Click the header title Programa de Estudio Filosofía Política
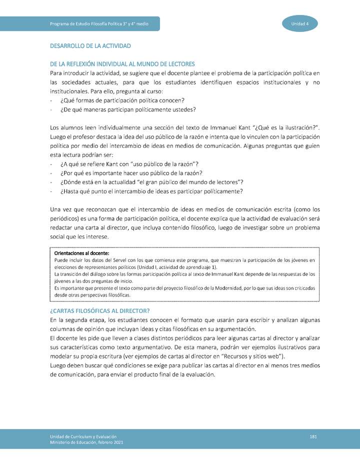(x=99, y=24)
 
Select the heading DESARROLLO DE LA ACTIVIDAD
(x=90, y=46)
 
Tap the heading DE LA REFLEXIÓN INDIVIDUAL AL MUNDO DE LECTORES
(x=122, y=64)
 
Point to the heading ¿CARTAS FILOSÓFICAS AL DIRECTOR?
(x=100, y=310)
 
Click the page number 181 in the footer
(x=313, y=437)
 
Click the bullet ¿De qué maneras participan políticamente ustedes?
(x=128, y=109)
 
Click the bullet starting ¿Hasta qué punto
(x=151, y=191)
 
